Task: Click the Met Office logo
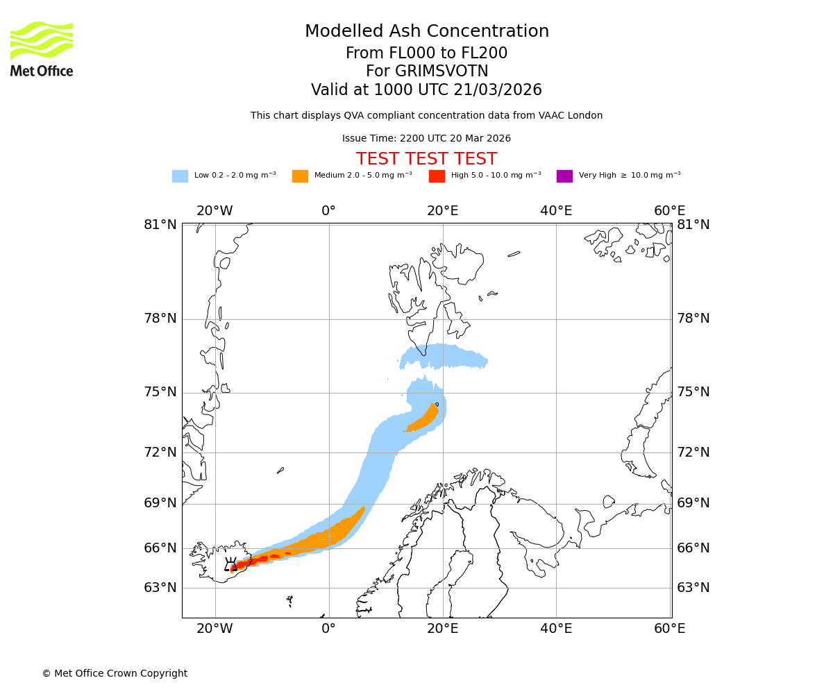point(42,49)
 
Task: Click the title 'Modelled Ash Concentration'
point(426,31)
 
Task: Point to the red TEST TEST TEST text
point(426,159)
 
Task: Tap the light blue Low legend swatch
point(180,176)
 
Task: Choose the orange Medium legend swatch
point(300,176)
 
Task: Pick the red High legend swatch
point(437,176)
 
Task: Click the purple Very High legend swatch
point(564,176)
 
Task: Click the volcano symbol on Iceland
point(231,564)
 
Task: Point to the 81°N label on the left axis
point(160,224)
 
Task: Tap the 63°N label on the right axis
point(693,588)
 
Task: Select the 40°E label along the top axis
point(556,211)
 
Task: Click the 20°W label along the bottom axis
point(214,629)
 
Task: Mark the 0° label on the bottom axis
point(329,629)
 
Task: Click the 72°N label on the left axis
point(160,452)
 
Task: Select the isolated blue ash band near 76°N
point(444,357)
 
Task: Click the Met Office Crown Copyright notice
point(115,673)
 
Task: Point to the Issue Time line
point(426,138)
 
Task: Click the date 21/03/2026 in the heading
point(498,90)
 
